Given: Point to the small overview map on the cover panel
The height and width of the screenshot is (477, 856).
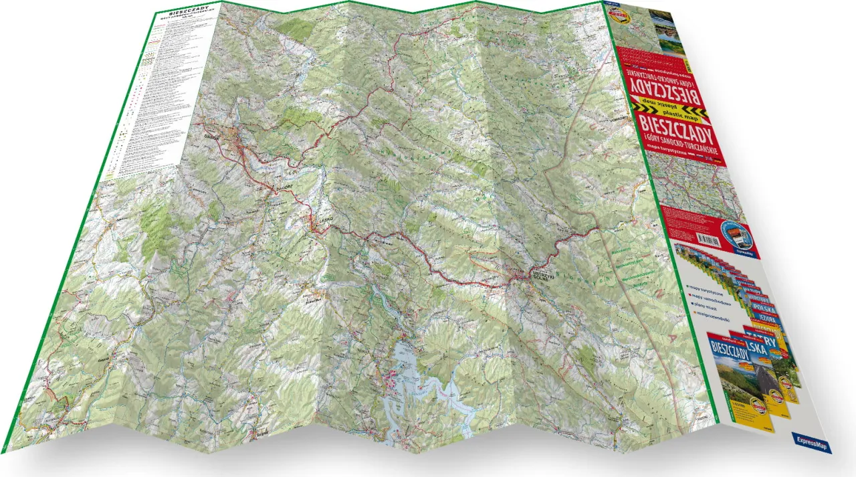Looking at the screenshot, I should [689, 184].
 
